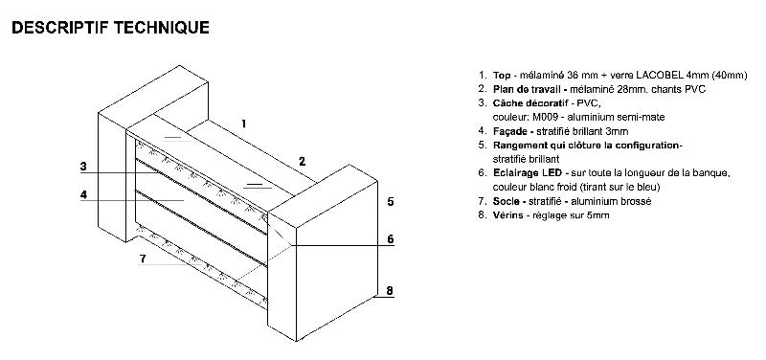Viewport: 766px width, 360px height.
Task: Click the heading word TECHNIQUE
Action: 162,28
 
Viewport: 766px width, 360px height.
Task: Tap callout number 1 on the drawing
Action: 243,124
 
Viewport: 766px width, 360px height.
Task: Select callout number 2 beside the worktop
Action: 302,161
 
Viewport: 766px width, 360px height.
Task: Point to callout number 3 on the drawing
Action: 83,167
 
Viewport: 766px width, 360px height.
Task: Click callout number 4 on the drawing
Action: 83,194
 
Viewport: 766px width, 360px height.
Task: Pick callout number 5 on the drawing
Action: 391,201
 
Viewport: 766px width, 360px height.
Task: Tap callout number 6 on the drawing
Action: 391,238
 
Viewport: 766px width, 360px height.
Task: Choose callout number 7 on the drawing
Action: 143,259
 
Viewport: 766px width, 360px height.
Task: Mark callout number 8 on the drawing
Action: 390,291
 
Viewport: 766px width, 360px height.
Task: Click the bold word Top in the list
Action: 501,76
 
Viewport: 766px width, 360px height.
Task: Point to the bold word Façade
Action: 509,131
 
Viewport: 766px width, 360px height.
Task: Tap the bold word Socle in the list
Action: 506,201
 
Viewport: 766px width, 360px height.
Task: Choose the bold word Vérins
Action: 507,214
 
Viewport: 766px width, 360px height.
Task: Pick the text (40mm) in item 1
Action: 730,76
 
